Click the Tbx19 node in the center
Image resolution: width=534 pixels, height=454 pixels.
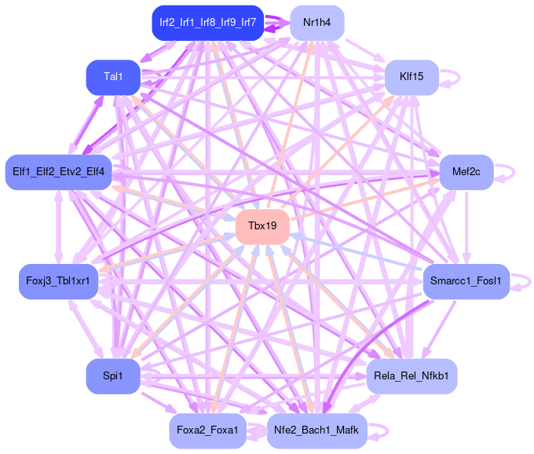[262, 226]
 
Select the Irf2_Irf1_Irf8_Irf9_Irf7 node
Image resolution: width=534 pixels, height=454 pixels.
[207, 23]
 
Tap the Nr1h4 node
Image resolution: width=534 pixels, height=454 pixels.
[317, 23]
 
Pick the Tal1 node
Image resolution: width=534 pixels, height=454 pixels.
[113, 77]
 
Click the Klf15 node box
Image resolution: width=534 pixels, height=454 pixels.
[411, 77]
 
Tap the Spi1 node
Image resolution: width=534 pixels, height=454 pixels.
[113, 376]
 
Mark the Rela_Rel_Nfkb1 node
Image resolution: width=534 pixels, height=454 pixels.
[411, 376]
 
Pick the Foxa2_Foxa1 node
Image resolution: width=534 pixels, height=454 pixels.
[207, 430]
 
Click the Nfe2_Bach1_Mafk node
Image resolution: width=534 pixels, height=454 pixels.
[317, 430]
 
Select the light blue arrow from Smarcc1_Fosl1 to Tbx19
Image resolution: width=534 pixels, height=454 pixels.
[353, 251]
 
